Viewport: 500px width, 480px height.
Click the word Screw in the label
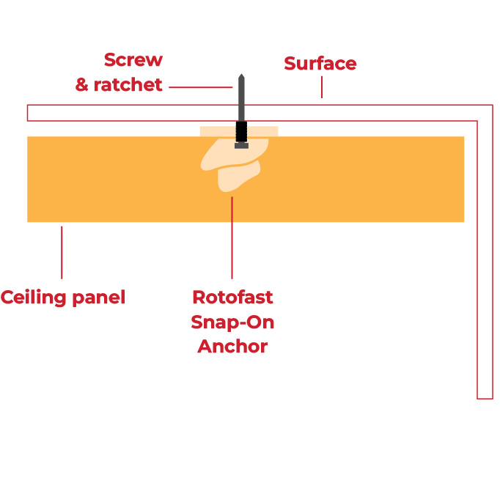(133, 60)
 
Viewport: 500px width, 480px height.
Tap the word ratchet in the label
(128, 86)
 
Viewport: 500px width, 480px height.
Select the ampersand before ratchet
(82, 86)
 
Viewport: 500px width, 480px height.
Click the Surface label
(320, 64)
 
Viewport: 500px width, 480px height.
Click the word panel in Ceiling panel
(100, 298)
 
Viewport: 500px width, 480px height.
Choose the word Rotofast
(232, 298)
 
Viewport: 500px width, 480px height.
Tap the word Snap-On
(232, 322)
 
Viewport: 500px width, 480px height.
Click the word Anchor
(232, 346)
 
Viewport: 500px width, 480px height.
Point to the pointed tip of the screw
(240, 75)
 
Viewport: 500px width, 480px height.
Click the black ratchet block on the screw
(241, 132)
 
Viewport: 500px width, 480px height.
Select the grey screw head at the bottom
(241, 145)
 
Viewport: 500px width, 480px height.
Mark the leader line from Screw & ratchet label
(200, 87)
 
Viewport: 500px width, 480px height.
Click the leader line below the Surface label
(321, 89)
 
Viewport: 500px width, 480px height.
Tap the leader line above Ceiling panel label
(62, 252)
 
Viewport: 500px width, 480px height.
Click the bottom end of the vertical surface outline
(485, 398)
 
